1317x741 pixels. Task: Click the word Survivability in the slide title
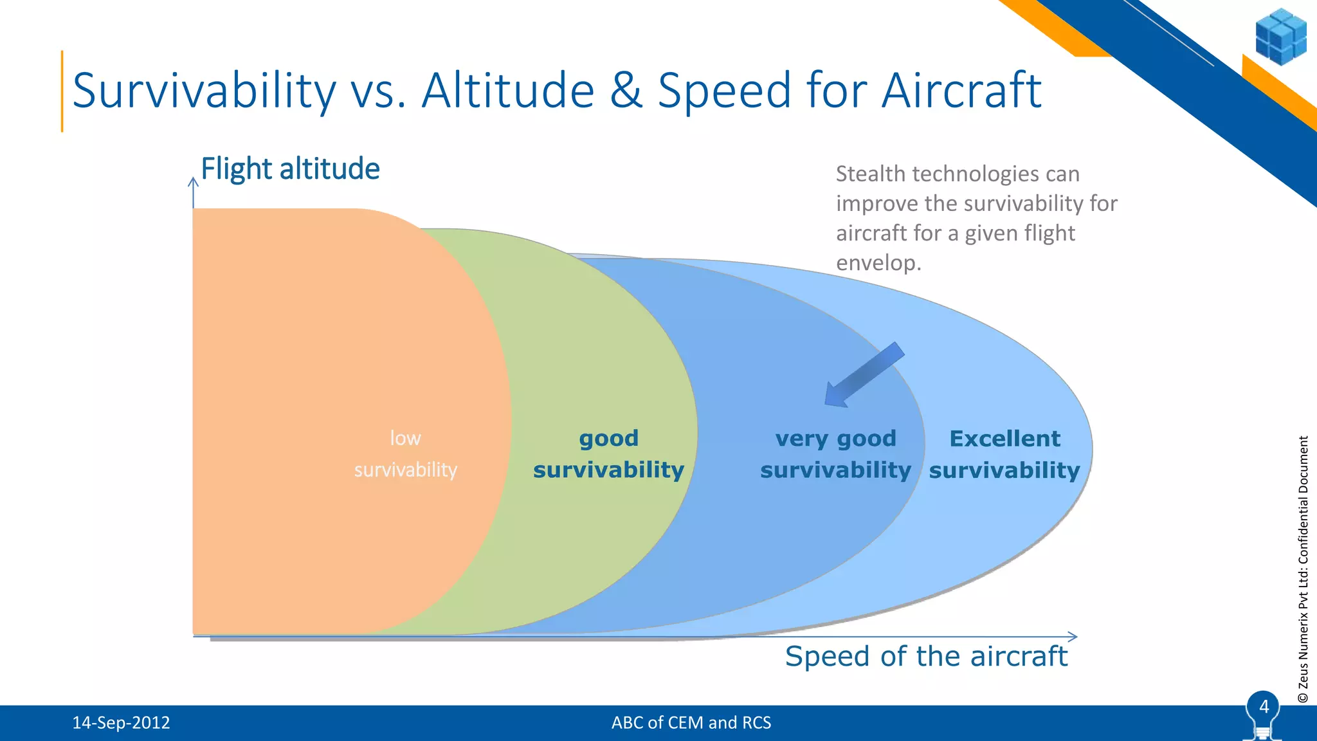204,91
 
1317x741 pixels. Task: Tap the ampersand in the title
626,90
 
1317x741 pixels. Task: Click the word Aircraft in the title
961,90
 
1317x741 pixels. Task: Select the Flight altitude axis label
290,169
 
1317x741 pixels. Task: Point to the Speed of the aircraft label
926,657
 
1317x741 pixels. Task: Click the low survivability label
405,454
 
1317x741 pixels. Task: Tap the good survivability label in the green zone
608,454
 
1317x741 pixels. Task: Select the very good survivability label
835,454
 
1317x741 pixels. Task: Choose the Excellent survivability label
1004,454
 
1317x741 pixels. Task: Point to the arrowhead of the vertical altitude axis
193,183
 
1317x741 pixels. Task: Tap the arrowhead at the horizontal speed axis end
1073,637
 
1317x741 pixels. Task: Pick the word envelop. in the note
878,263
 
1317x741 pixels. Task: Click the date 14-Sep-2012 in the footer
121,723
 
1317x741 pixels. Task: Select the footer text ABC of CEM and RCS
691,723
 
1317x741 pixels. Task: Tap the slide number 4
1264,707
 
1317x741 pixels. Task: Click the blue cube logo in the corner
1280,37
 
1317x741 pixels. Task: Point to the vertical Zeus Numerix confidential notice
1303,569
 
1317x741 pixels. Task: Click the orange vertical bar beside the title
62,91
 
